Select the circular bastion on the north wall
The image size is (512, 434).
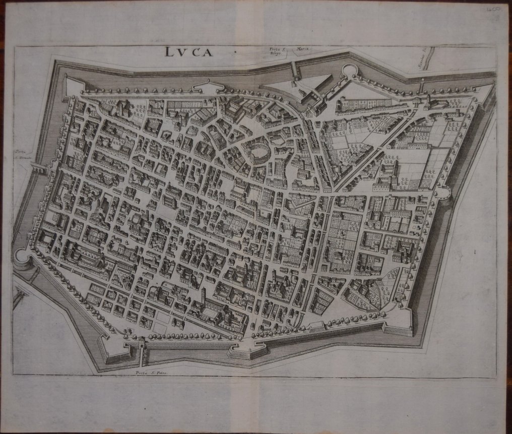pos(349,71)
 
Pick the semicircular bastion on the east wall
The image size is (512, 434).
pos(443,192)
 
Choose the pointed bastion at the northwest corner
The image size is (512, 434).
pos(73,87)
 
